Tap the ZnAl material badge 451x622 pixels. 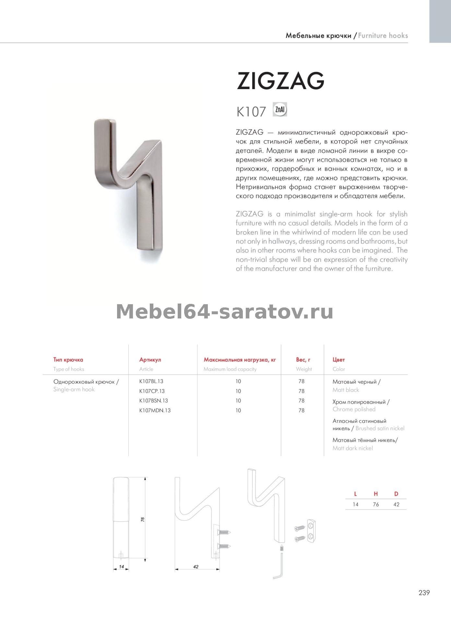(280, 110)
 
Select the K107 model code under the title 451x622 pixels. (251, 112)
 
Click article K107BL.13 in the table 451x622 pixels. (151, 381)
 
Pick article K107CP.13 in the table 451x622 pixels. (152, 391)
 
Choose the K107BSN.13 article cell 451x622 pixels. (153, 401)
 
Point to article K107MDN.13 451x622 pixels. (155, 410)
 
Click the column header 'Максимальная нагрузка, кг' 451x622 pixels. (240, 360)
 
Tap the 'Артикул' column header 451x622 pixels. (150, 360)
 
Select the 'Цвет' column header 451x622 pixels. (338, 360)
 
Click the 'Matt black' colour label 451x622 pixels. (346, 390)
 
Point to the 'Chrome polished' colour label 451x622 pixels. (354, 409)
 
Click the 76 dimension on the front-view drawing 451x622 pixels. (142, 519)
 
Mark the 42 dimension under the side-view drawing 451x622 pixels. (196, 567)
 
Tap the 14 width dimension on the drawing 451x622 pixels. (121, 567)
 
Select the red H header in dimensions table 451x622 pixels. (376, 494)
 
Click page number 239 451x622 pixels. (424, 593)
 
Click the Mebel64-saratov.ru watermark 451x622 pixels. (225, 312)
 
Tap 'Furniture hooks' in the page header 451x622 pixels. (383, 36)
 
